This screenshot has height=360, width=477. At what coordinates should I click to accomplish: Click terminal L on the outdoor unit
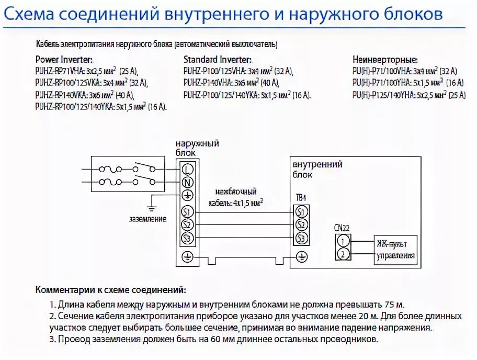tap(188, 168)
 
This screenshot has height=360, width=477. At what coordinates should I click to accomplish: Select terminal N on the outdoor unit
tap(188, 182)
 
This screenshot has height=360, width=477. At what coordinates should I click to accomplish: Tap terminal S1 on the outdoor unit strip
tap(188, 212)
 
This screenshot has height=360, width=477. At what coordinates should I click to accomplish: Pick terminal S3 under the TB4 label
tap(300, 239)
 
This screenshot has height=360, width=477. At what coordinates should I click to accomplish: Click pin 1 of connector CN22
tap(343, 241)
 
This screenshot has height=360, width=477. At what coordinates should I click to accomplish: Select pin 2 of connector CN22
tap(343, 254)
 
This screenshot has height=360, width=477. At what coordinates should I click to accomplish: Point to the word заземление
tap(149, 219)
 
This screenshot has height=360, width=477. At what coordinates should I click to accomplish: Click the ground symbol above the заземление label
tap(151, 207)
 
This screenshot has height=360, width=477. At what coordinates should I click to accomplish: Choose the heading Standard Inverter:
tap(218, 60)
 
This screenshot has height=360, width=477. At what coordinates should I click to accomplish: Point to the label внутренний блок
tap(317, 169)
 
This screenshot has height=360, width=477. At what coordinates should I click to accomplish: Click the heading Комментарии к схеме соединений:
tap(110, 289)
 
